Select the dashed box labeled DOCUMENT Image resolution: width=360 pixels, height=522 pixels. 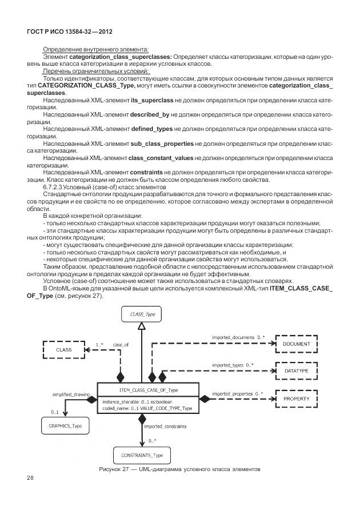(296, 344)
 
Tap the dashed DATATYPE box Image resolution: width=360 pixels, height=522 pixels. (296, 371)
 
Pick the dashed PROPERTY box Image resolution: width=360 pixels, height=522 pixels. (296, 398)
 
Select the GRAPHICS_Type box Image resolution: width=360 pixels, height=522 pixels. (64, 426)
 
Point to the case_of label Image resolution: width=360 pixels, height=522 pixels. (121, 345)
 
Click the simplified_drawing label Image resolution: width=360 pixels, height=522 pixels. (72, 395)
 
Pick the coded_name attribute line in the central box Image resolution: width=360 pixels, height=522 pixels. (147, 409)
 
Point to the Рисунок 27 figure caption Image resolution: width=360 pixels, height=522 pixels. (179, 469)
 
